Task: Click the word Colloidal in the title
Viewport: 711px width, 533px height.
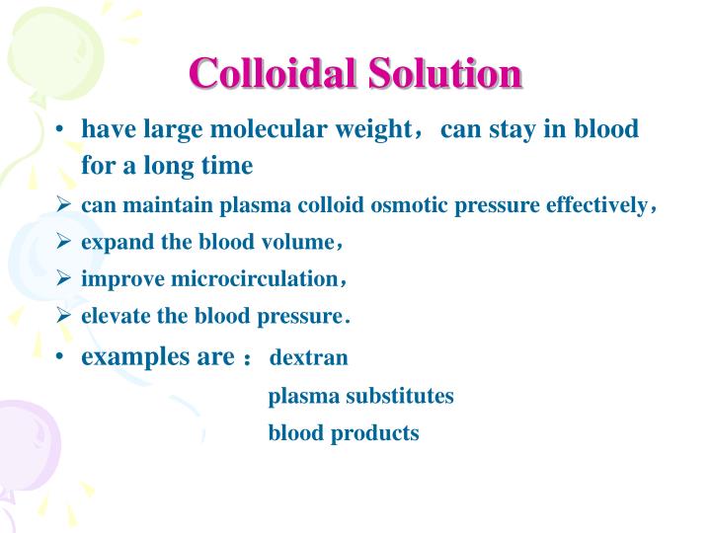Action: [272, 75]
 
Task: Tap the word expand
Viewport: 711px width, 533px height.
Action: [112, 243]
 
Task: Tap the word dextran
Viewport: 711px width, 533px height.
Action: [308, 357]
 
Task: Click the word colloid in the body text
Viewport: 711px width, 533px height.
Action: [337, 205]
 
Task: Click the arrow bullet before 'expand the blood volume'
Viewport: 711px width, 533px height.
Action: [62, 243]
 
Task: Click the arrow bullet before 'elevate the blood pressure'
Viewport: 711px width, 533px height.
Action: [62, 317]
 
